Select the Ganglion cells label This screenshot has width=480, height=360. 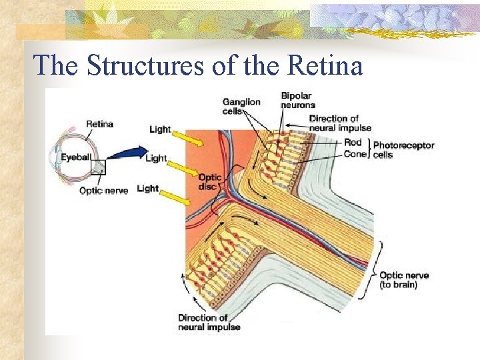click(241, 106)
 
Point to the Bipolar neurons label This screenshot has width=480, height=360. click(298, 101)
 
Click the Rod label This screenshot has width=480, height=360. click(353, 142)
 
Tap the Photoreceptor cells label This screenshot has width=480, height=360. click(403, 149)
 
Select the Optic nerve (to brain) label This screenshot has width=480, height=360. click(403, 280)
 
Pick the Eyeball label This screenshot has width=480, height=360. click(75, 157)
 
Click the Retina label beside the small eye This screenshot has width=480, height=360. click(99, 123)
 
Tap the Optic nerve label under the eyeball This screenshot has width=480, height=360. click(103, 191)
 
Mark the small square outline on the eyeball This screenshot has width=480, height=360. click(98, 167)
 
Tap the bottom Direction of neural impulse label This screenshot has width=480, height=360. click(209, 323)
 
